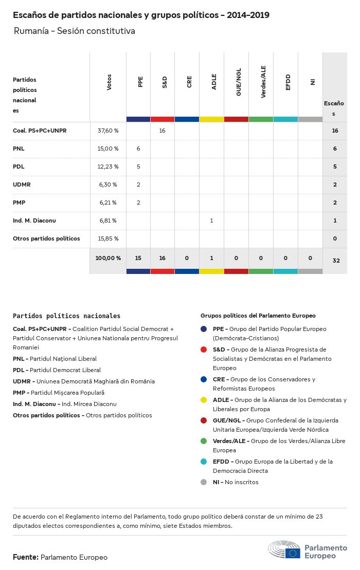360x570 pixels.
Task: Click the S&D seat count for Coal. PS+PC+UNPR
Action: (x=162, y=131)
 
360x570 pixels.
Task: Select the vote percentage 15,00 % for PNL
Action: (x=108, y=149)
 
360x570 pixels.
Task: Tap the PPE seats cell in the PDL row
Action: (x=138, y=167)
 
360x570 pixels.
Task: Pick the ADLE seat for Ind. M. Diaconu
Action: (x=211, y=220)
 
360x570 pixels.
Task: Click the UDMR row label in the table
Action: (x=23, y=185)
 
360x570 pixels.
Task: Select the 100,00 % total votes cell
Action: (x=108, y=258)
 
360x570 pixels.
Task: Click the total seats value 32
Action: (x=336, y=261)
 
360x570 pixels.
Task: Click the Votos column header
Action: (x=109, y=83)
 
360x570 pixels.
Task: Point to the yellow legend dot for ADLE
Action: (x=204, y=400)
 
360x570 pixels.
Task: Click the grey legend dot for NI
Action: (x=204, y=482)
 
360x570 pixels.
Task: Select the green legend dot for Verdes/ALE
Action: (x=204, y=441)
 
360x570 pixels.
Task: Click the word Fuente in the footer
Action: (x=25, y=557)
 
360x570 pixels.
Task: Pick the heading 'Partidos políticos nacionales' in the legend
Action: (x=66, y=316)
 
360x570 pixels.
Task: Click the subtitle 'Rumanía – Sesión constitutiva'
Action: (x=75, y=31)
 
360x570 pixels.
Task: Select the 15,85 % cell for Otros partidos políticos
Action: (x=108, y=238)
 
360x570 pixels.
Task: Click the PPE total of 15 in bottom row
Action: (x=138, y=258)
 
